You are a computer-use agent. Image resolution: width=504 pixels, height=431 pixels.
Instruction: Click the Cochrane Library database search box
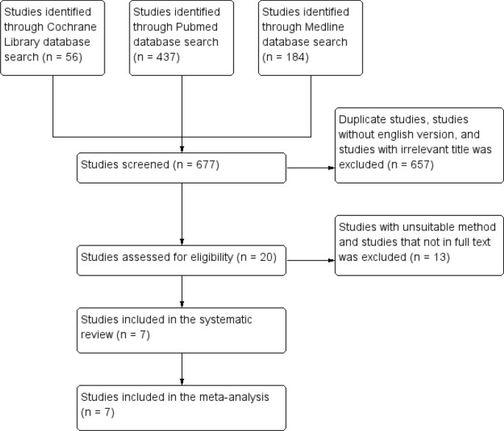pyautogui.click(x=53, y=38)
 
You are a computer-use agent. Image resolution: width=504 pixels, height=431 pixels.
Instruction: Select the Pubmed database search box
pyautogui.click(x=182, y=38)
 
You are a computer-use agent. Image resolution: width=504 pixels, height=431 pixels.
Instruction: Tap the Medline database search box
pyautogui.click(x=310, y=38)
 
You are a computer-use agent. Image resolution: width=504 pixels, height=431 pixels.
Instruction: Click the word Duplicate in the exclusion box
pyautogui.click(x=361, y=119)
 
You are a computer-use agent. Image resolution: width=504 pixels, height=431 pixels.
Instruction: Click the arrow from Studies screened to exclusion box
pyautogui.click(x=310, y=167)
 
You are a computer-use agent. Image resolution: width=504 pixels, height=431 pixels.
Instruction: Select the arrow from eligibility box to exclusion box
pyautogui.click(x=310, y=259)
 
